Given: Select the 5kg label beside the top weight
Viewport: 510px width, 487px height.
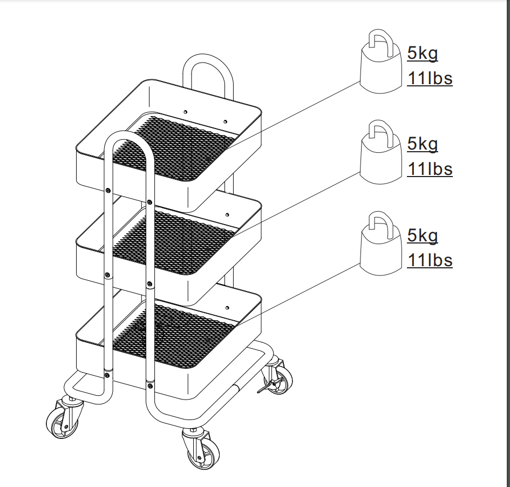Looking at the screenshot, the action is (423, 53).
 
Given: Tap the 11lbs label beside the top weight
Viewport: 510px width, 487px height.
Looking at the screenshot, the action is (430, 79).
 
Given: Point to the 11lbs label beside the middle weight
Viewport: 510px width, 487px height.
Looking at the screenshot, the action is (430, 170).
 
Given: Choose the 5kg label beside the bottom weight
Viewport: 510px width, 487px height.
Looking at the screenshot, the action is (423, 236).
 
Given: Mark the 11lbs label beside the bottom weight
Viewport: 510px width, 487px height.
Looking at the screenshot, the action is (430, 261).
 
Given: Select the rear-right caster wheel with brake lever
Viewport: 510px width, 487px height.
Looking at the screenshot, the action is (276, 377).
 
